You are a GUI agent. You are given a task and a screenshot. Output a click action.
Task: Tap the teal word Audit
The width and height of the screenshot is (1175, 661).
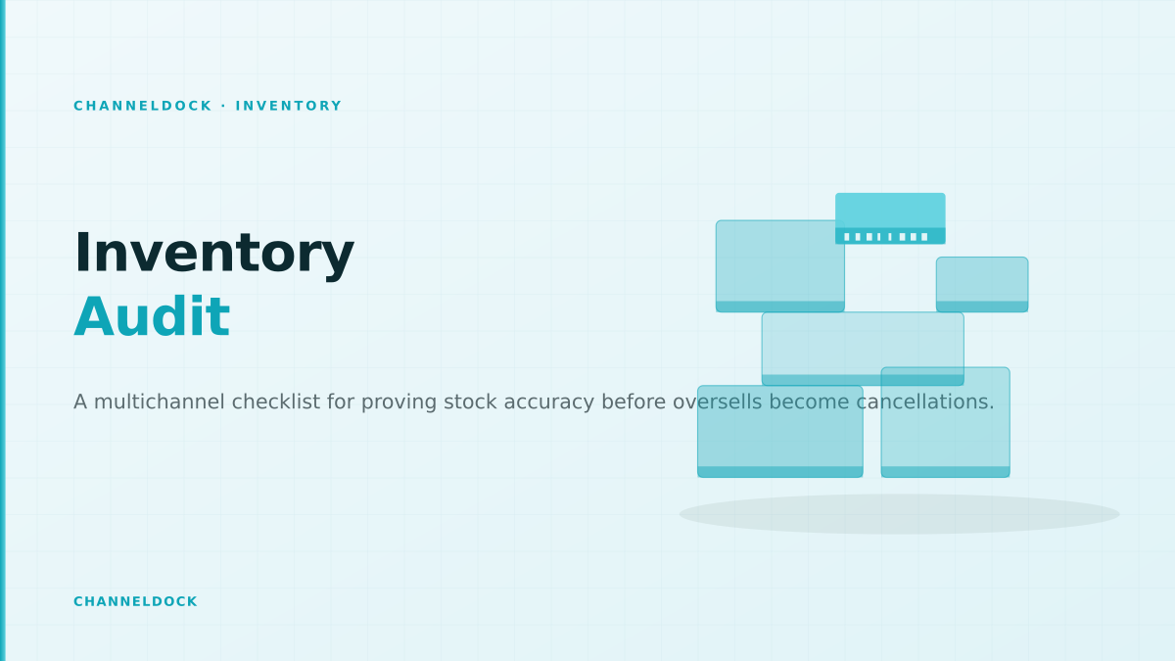[152, 317]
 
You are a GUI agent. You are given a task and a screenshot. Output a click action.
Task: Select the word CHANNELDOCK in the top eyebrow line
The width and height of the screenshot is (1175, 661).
[143, 106]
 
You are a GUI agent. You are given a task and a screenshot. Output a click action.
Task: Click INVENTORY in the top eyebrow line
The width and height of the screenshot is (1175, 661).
[289, 106]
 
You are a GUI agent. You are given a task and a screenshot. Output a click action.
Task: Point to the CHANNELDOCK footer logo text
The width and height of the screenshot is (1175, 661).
[135, 601]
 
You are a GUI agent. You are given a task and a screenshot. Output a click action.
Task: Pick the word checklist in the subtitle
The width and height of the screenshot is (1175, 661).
[275, 401]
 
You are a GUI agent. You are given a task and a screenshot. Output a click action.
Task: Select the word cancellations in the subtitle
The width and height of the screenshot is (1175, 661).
[925, 401]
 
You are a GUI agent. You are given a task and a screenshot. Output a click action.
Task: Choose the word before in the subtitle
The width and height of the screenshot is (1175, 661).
[634, 401]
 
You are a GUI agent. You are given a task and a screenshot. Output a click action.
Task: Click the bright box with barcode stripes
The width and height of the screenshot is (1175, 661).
[890, 218]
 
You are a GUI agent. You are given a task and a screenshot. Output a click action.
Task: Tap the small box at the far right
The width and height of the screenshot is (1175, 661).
[982, 284]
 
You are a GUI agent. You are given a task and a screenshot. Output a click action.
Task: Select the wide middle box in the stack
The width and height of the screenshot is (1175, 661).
[863, 349]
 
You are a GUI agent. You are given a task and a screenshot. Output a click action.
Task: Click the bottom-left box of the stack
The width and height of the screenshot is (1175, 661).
[780, 431]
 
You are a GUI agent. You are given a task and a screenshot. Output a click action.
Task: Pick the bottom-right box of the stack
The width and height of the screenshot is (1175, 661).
[945, 422]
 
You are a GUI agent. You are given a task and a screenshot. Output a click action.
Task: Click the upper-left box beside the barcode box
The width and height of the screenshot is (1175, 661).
[780, 266]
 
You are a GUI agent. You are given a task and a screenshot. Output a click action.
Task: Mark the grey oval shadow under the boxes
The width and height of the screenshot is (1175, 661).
[899, 514]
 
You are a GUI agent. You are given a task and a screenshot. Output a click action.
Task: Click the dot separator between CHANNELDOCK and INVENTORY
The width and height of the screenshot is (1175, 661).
[224, 106]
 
